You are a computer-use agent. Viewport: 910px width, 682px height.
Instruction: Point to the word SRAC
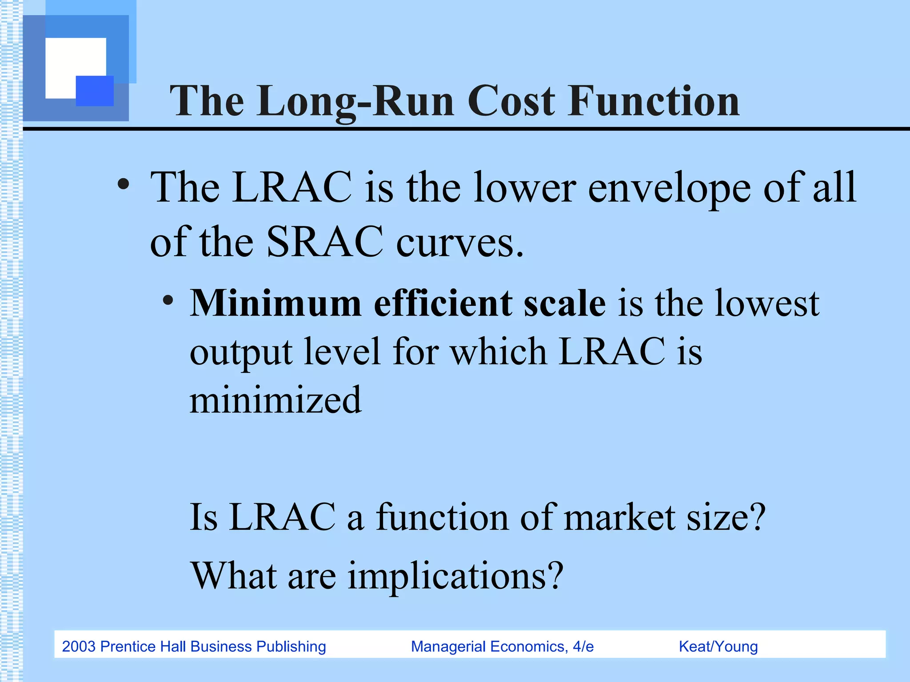click(324, 242)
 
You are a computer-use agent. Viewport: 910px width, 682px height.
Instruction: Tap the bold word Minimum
click(275, 303)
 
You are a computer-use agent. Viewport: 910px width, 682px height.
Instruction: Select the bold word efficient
click(443, 303)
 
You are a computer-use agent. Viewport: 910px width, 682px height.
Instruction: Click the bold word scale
click(564, 303)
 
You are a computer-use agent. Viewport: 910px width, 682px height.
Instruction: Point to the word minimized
click(275, 400)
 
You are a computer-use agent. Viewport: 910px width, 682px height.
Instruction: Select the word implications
click(455, 576)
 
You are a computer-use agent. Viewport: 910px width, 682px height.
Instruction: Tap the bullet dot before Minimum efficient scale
click(168, 301)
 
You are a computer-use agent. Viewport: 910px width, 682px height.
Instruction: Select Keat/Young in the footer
click(718, 646)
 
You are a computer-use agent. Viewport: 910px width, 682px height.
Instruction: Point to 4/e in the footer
click(583, 646)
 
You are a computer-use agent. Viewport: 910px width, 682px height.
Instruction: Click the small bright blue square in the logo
click(95, 91)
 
